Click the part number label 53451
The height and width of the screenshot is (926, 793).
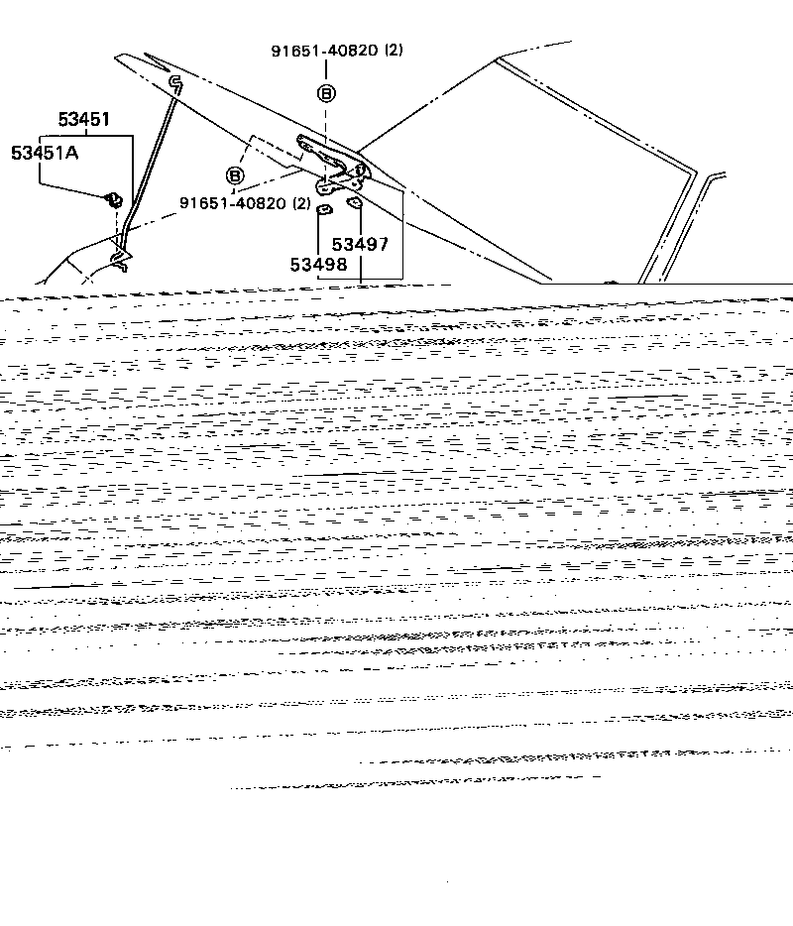pos(84,119)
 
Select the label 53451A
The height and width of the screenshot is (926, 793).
pos(45,153)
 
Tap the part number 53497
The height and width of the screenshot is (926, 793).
pos(360,244)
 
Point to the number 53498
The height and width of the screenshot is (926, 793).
pos(318,265)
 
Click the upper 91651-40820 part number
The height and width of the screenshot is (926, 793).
pos(325,51)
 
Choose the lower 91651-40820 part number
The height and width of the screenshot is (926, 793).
pos(233,203)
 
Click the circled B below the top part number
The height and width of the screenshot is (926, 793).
pos(326,93)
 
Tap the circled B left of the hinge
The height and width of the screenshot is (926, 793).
pos(235,175)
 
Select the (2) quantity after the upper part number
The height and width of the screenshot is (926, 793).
pos(394,50)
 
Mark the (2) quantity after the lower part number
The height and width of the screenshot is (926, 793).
pos(301,203)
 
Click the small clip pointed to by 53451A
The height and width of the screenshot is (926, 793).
pos(113,199)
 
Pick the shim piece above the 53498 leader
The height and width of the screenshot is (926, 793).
pos(324,209)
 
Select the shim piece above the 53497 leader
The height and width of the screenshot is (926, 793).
pos(354,202)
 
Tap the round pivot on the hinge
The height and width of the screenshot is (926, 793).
pos(360,170)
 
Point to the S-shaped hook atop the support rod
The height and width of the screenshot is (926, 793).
pos(176,84)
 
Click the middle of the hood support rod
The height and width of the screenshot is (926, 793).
pos(148,172)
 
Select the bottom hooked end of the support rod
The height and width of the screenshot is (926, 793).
pos(121,261)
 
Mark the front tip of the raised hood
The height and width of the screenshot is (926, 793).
pos(116,57)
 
